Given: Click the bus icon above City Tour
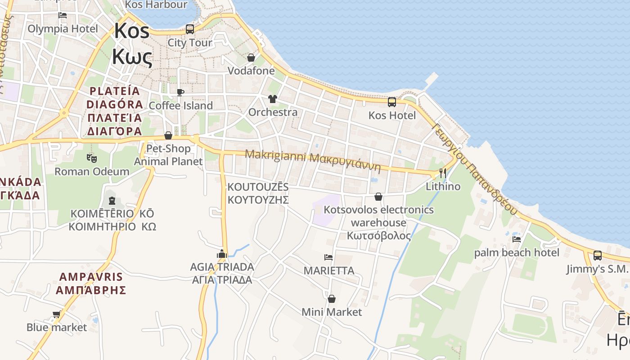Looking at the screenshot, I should click(x=190, y=29).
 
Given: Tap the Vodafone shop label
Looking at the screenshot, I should click(x=251, y=71).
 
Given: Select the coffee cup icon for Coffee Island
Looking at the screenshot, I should click(x=180, y=92).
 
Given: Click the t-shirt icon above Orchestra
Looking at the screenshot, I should click(x=272, y=99).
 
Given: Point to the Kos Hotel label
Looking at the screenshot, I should click(x=392, y=115).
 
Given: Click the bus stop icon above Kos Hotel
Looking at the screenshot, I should click(x=392, y=102).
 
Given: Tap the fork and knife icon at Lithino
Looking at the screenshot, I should click(x=443, y=173).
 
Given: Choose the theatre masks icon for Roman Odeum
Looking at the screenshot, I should click(x=92, y=158).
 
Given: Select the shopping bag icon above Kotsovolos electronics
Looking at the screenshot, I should click(x=378, y=197).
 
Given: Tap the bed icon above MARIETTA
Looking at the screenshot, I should click(x=328, y=257).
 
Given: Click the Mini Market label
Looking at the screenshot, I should click(x=332, y=312).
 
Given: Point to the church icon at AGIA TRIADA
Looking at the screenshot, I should click(x=221, y=254).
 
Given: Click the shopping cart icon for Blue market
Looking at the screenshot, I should click(x=57, y=314).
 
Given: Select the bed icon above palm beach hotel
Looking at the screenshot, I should click(x=517, y=239).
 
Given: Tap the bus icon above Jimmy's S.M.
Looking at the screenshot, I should click(x=598, y=255).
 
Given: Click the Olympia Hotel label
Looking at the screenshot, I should click(x=63, y=29).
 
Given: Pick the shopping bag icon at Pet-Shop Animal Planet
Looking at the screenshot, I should click(x=168, y=135).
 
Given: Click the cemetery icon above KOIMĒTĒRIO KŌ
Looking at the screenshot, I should click(x=112, y=200).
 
